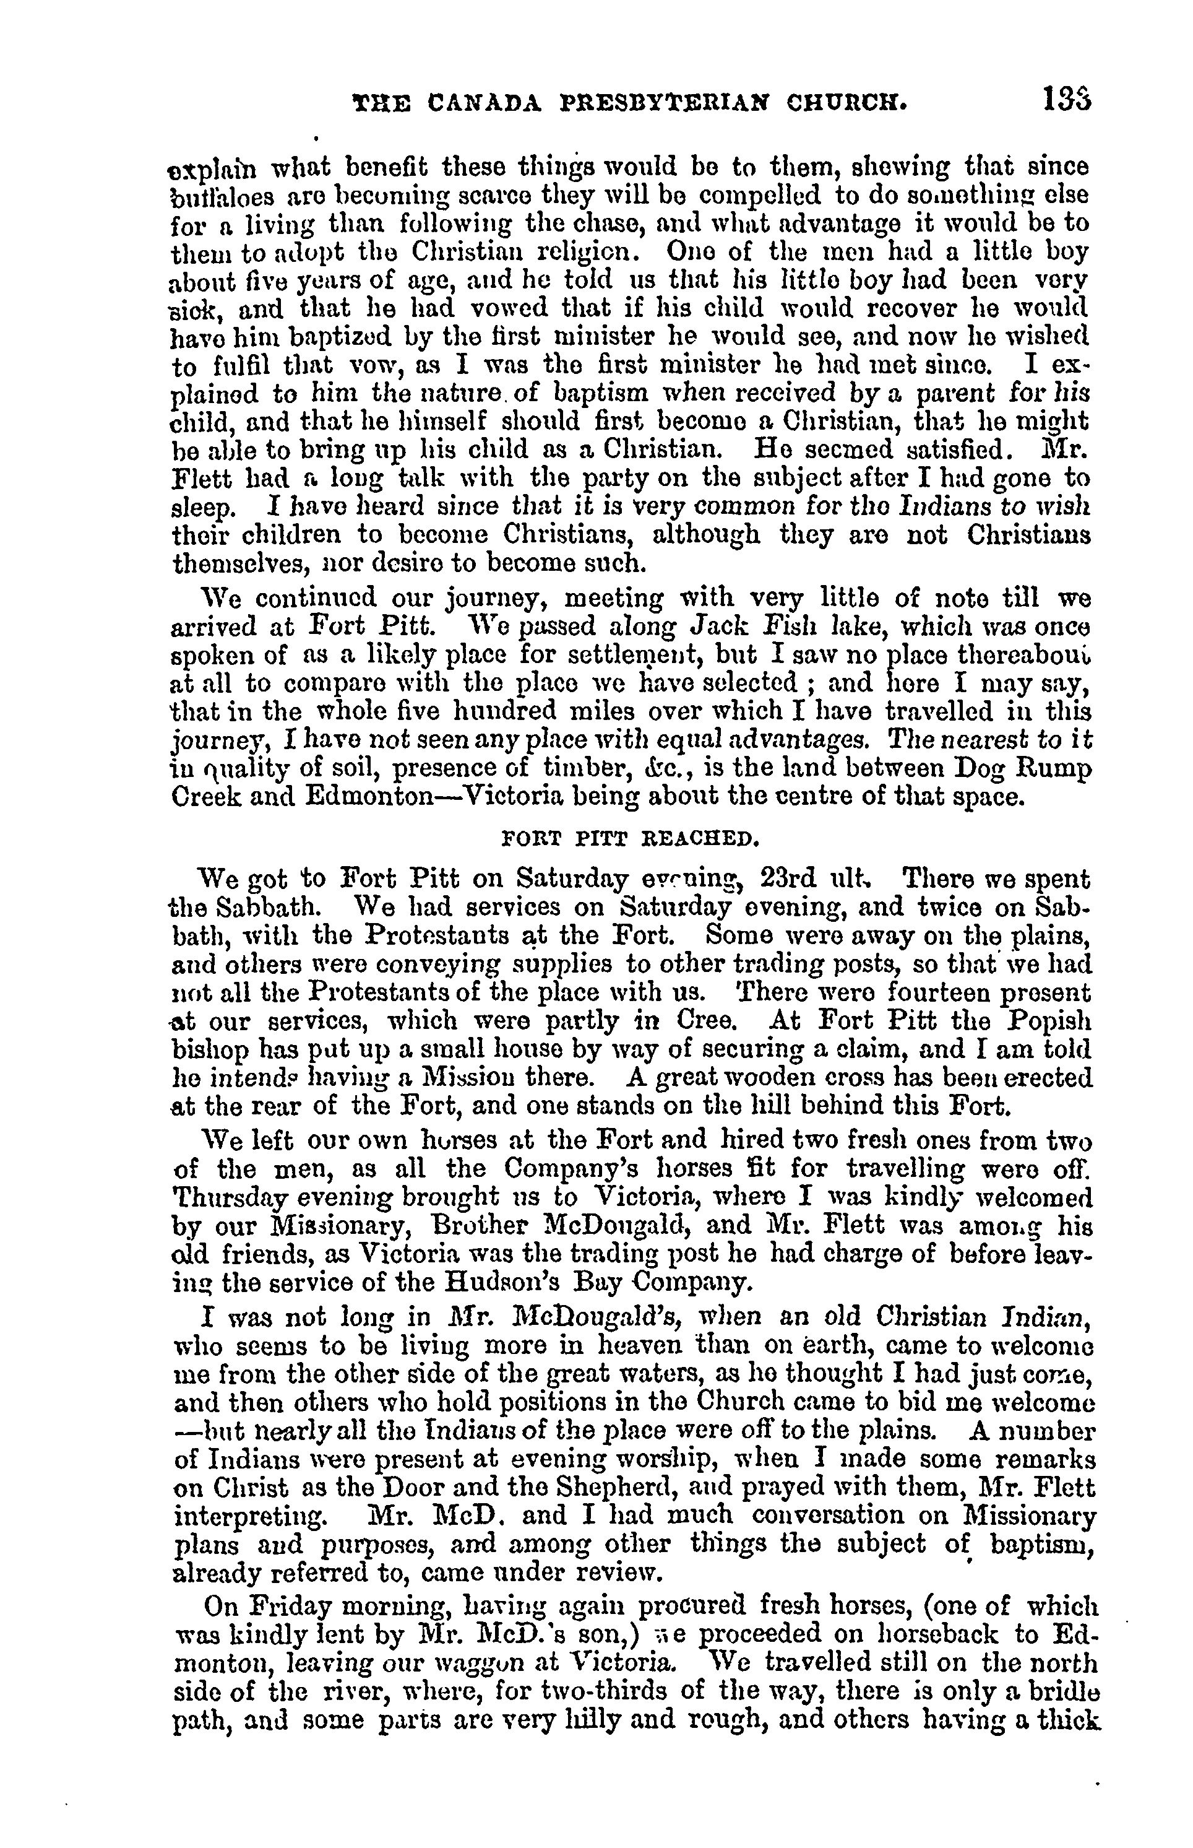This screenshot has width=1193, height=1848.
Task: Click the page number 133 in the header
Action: [1067, 99]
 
